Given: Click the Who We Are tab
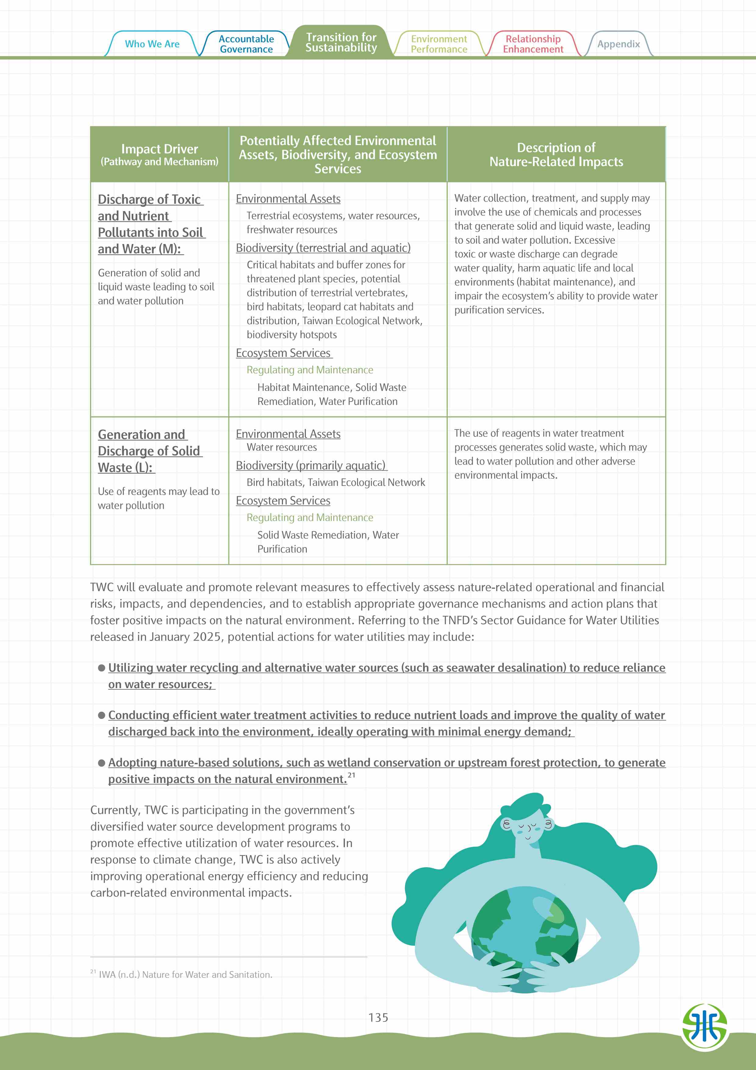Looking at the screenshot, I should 152,44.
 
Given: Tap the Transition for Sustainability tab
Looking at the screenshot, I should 341,42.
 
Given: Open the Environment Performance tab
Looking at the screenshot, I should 439,44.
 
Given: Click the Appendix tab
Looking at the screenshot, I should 618,44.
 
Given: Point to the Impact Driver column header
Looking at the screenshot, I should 159,154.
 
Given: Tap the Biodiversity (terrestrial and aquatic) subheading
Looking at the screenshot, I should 323,248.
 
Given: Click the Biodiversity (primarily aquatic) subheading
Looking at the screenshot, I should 311,465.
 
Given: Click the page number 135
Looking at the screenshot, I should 378,1017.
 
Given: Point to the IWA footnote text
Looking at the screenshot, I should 185,975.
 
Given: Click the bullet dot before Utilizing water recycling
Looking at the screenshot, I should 102,668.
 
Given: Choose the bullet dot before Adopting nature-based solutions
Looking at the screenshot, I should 102,763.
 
